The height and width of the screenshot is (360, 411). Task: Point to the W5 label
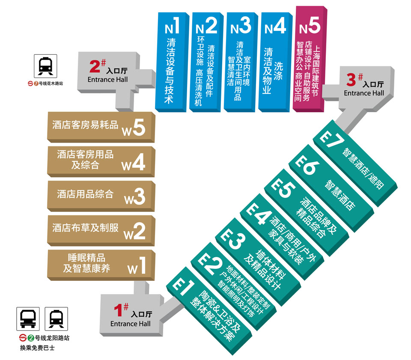[x=134, y=128]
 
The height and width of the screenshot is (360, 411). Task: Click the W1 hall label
[x=137, y=266]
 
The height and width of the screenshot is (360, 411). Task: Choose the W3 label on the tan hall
[x=134, y=196]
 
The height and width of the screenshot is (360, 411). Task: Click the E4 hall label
[x=258, y=213]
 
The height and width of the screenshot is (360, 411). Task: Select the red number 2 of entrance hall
[x=95, y=66]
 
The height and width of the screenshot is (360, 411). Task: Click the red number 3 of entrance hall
[x=351, y=80]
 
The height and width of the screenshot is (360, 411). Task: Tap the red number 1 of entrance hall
[x=118, y=310]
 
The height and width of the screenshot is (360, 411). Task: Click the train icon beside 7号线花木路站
[x=45, y=66]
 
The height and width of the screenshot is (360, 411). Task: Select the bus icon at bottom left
[x=28, y=319]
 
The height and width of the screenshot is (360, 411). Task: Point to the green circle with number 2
[x=31, y=338]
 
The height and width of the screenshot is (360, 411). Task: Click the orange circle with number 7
[x=36, y=83]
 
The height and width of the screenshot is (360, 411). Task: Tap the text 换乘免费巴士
[x=38, y=348]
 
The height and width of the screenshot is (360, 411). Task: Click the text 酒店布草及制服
[x=86, y=228]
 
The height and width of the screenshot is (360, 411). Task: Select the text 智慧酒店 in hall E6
[x=340, y=195]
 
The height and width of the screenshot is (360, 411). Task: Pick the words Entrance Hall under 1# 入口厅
[x=131, y=324]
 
